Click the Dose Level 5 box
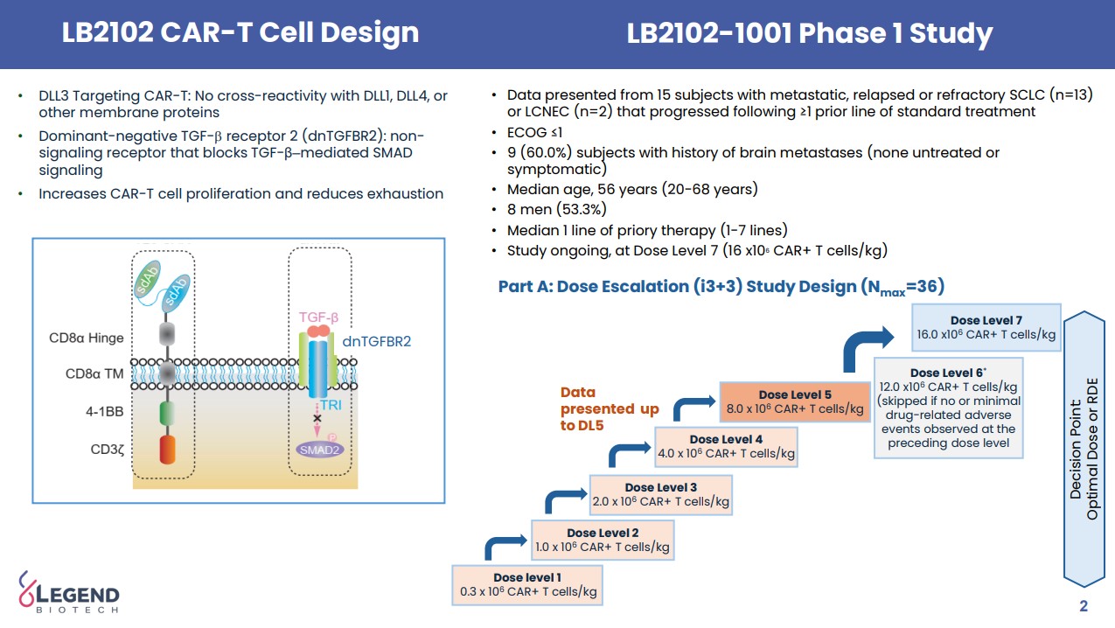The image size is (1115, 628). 795,402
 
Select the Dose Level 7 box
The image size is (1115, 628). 986,328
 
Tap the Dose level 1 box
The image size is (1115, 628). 527,584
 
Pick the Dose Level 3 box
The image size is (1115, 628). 661,495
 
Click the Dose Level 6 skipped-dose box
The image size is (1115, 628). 949,407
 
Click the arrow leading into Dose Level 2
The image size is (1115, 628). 504,548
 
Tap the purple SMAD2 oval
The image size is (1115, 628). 318,450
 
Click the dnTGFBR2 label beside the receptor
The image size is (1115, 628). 378,341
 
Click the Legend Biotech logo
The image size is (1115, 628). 69,593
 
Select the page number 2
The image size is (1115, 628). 1084,607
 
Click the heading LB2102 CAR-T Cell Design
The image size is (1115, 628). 240,33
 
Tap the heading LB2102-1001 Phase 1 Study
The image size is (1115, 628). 809,33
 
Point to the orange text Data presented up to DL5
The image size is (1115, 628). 609,408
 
